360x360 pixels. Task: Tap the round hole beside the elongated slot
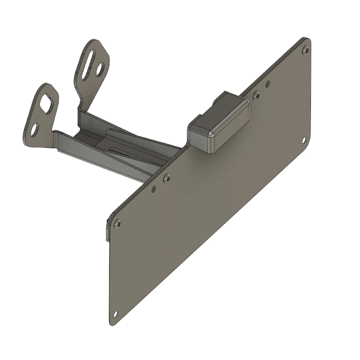click(x=102, y=68)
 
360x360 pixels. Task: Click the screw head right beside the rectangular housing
click(x=256, y=94)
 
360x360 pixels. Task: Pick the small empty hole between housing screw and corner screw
click(x=268, y=83)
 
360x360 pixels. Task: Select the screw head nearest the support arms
click(x=167, y=178)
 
